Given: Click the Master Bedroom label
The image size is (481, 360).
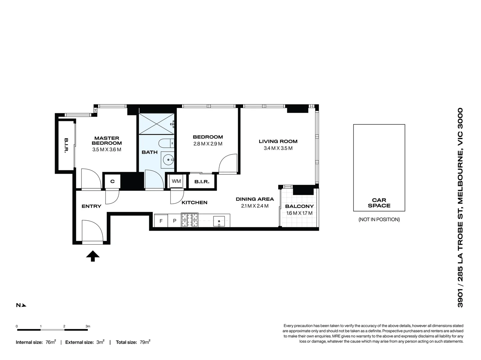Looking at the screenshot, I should point(107,141).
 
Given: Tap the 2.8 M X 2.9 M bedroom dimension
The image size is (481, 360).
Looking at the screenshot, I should point(207,144).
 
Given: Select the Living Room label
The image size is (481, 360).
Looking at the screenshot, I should point(278,141).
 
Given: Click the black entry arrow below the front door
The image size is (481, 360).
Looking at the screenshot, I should point(93,256).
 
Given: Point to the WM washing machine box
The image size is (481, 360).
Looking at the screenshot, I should point(176,181).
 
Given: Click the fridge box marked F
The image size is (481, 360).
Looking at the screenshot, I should point(161,221).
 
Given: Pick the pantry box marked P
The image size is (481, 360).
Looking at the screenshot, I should point(174,221).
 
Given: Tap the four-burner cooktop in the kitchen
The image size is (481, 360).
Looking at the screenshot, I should point(189,220).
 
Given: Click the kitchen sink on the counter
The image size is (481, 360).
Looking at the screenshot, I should point(219,221).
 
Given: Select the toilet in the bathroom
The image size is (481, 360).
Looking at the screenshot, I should point(166,143).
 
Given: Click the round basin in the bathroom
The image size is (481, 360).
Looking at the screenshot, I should point(168,160).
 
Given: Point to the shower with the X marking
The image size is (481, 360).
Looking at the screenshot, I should point(156,124).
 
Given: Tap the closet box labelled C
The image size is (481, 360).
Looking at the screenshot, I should point(112,181).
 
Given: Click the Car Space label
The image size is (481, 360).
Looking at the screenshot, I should point(379,203).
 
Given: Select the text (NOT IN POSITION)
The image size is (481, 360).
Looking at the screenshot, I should point(379,219).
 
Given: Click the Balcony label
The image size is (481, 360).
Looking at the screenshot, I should point(299,206).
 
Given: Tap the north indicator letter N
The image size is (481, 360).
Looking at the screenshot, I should point(18,305).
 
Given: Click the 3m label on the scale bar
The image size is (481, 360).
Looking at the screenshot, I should point(88,326).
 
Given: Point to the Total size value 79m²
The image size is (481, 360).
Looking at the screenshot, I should point(145,342).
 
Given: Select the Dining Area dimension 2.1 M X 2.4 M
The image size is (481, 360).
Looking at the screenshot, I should point(255,206).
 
